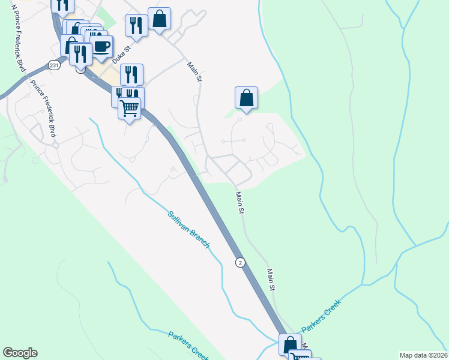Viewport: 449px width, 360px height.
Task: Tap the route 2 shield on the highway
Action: (x=241, y=262)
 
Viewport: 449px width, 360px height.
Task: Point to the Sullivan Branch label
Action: (x=188, y=229)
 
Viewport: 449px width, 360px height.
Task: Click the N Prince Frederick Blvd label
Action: (x=19, y=48)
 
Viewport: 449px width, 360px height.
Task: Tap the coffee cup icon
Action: (x=101, y=46)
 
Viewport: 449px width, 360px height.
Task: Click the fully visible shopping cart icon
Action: (x=129, y=108)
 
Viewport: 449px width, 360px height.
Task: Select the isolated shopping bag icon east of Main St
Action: (x=246, y=98)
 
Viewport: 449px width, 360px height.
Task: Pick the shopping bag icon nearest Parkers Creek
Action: (x=291, y=345)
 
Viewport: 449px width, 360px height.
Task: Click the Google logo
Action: (x=20, y=353)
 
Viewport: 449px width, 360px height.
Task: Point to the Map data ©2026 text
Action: (x=423, y=355)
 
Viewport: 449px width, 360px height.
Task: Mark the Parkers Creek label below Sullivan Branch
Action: (x=188, y=344)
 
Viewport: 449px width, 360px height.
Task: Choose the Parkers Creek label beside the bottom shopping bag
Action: (x=321, y=316)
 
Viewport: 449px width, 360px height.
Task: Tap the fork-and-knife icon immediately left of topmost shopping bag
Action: (x=136, y=25)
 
